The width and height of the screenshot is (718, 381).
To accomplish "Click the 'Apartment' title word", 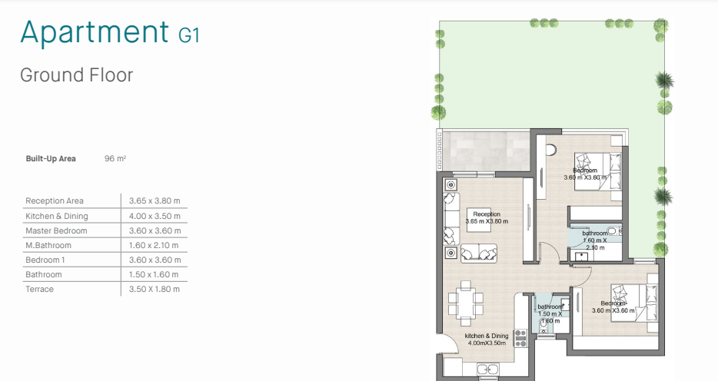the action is pos(95,32).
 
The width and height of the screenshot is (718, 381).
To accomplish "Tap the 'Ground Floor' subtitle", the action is pos(76,75).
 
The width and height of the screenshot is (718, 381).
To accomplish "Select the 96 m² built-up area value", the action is pos(115,159).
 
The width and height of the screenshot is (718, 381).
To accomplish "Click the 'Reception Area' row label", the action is pos(55,200).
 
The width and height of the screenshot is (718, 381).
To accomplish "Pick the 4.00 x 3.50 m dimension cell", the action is pos(155,216).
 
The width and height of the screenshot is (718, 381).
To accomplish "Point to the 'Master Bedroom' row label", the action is pos(56,230).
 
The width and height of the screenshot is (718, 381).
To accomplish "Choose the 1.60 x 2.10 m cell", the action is pos(154,245).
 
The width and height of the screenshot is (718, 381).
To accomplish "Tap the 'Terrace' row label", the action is pos(39,289).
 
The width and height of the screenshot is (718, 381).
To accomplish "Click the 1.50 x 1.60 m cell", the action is pos(154,274).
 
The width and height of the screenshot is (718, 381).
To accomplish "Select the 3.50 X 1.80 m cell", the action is pos(154,289).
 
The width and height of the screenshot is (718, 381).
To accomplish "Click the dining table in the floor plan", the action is pos(466,303).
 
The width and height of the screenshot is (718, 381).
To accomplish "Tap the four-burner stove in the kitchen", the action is pos(520,339).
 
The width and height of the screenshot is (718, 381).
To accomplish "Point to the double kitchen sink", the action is pos(487,369).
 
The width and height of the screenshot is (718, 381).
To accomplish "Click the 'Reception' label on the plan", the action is pos(487,214).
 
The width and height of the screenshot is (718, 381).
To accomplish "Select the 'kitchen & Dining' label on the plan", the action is pos(487,336).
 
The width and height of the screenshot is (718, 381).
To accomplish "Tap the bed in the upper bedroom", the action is pos(598,173).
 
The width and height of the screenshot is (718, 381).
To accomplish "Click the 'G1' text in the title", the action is pos(188,35).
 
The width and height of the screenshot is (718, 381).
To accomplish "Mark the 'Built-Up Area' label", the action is pos(51,159).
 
